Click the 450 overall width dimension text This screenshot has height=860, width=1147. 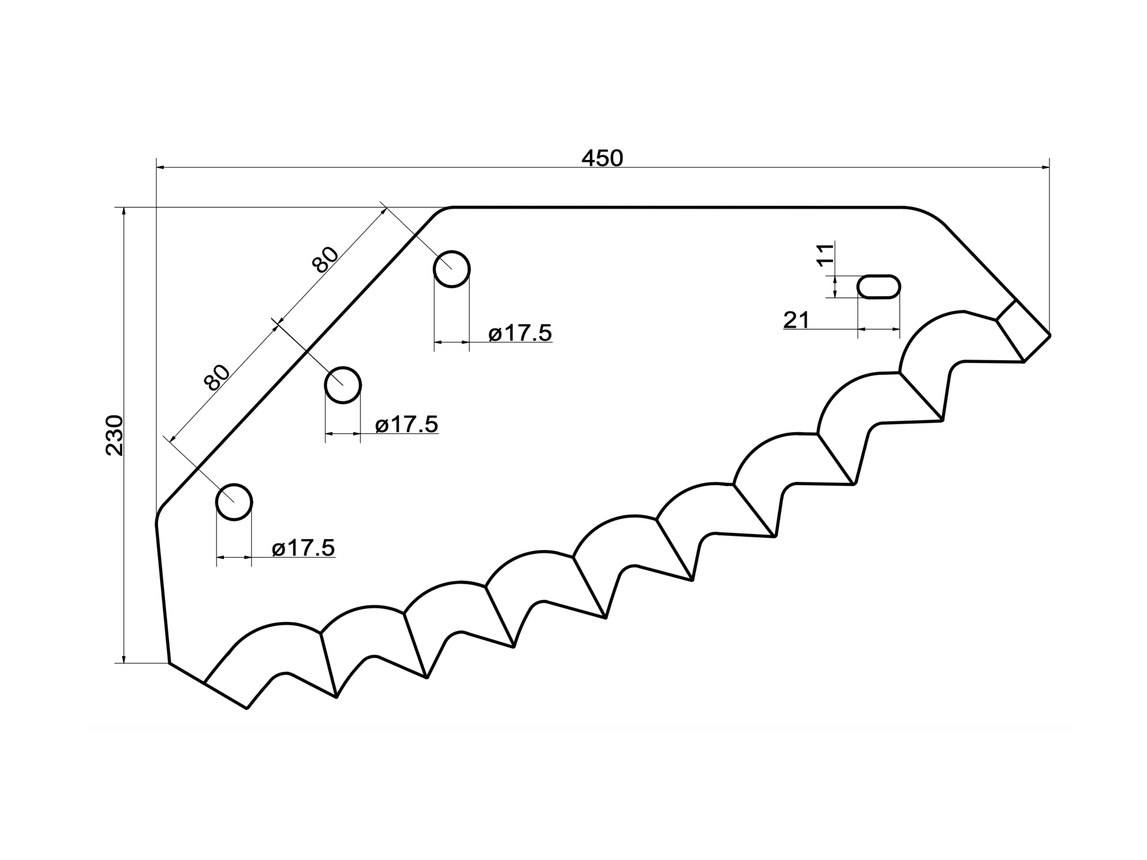[602, 158]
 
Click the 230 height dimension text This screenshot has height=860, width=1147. [114, 435]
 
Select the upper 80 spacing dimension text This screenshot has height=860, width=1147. [325, 260]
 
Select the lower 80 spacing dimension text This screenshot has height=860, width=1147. [217, 377]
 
